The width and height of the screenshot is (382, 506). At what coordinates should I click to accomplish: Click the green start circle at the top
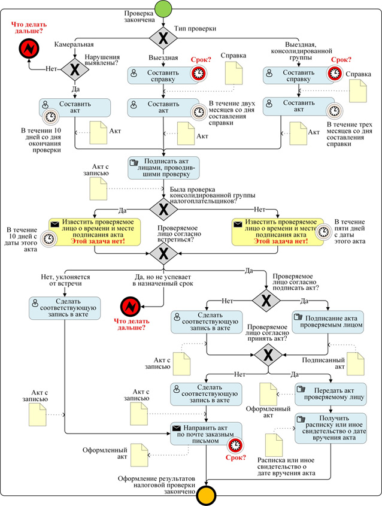click(x=164, y=8)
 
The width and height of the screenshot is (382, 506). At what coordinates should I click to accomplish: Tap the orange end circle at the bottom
click(x=207, y=495)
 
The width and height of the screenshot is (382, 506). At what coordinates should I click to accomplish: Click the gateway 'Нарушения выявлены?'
click(x=74, y=69)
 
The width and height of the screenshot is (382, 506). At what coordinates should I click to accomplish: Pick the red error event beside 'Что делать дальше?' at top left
click(x=27, y=48)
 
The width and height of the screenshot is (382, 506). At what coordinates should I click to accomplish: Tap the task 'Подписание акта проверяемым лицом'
click(x=328, y=321)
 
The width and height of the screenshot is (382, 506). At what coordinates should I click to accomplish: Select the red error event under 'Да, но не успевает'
click(x=129, y=307)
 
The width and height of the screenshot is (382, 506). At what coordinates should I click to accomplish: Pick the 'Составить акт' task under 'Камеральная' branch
click(x=75, y=108)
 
